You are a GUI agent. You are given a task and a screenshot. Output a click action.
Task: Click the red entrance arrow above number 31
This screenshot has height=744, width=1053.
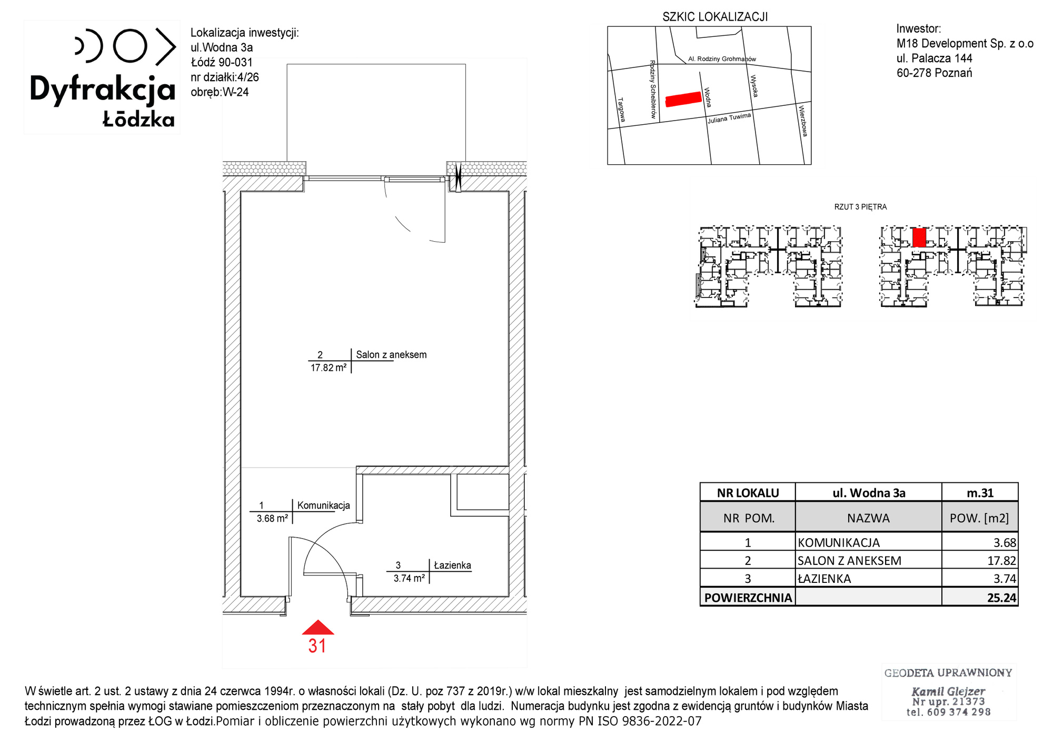318,627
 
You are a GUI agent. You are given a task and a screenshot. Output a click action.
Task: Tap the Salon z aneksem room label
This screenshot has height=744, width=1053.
391,355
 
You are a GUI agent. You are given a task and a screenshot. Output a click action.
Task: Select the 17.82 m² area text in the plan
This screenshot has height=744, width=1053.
329,368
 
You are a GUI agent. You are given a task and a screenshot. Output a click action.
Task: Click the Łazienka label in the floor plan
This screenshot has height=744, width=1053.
452,565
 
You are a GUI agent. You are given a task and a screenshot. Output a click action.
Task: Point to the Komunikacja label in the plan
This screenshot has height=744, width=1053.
323,505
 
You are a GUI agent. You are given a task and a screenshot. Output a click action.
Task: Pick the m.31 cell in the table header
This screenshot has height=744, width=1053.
980,493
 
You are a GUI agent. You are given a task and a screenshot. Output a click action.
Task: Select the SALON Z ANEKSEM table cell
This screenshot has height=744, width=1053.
849,561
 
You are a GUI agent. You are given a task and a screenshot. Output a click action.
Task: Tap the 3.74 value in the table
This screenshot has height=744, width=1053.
1005,579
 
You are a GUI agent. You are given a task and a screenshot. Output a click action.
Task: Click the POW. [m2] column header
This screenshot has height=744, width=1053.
979,518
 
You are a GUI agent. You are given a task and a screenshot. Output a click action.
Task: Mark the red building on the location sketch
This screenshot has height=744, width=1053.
683,99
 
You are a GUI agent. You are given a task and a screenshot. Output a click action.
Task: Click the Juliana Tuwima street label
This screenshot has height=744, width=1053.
729,118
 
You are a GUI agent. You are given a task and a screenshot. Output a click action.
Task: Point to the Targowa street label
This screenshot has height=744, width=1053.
621,110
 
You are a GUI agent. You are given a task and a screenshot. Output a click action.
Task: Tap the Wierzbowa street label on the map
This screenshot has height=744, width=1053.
803,121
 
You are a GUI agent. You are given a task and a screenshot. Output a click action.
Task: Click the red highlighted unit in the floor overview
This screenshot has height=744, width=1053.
919,237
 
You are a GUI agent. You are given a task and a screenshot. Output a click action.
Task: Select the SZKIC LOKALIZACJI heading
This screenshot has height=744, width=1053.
715,17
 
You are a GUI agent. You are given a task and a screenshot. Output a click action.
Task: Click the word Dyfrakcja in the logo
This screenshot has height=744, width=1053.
102,90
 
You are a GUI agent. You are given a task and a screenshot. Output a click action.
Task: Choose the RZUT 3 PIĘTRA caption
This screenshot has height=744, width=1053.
860,207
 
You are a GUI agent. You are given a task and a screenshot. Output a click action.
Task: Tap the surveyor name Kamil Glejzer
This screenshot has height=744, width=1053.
948,691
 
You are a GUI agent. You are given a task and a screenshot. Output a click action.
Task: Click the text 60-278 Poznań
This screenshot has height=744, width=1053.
935,73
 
